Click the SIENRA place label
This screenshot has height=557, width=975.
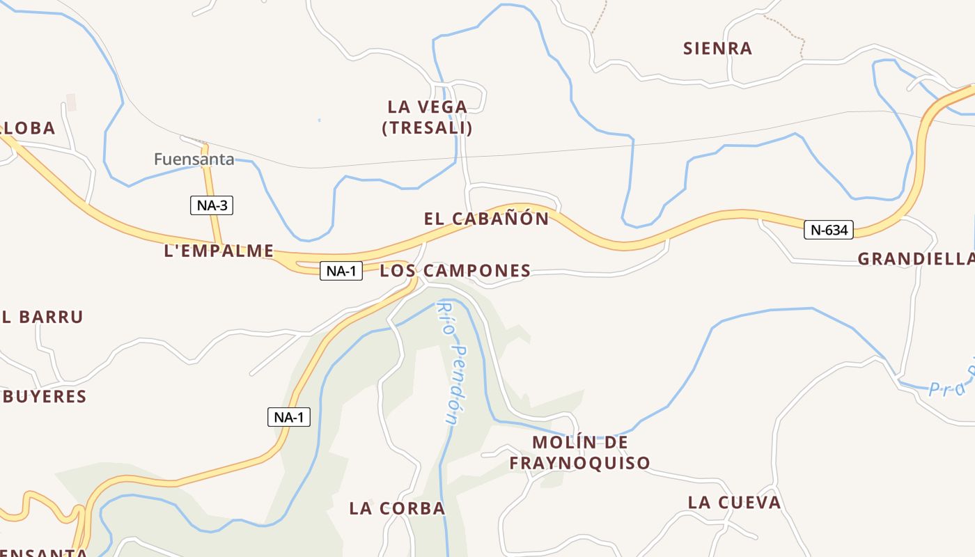[717, 48]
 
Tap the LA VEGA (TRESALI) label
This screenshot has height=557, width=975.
[427, 117]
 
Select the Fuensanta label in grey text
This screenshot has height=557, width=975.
[194, 159]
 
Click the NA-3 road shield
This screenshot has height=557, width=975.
[212, 205]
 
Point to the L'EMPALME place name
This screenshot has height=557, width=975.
[219, 251]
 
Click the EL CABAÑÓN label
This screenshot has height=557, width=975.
[486, 219]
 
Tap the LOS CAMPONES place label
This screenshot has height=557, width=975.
[455, 271]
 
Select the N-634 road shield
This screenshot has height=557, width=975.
[829, 230]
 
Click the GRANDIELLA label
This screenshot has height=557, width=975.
[915, 259]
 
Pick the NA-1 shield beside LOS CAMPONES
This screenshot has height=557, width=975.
[341, 271]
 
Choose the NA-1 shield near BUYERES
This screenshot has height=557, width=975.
[289, 417]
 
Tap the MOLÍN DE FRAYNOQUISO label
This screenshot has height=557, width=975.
[579, 453]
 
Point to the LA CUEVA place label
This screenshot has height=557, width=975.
[734, 503]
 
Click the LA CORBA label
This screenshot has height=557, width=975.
[397, 508]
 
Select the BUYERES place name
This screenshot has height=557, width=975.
[43, 397]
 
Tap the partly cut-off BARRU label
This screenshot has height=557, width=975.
[42, 317]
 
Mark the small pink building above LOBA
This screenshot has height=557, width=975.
[71, 102]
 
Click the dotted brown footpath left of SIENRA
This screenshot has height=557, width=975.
[600, 17]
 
